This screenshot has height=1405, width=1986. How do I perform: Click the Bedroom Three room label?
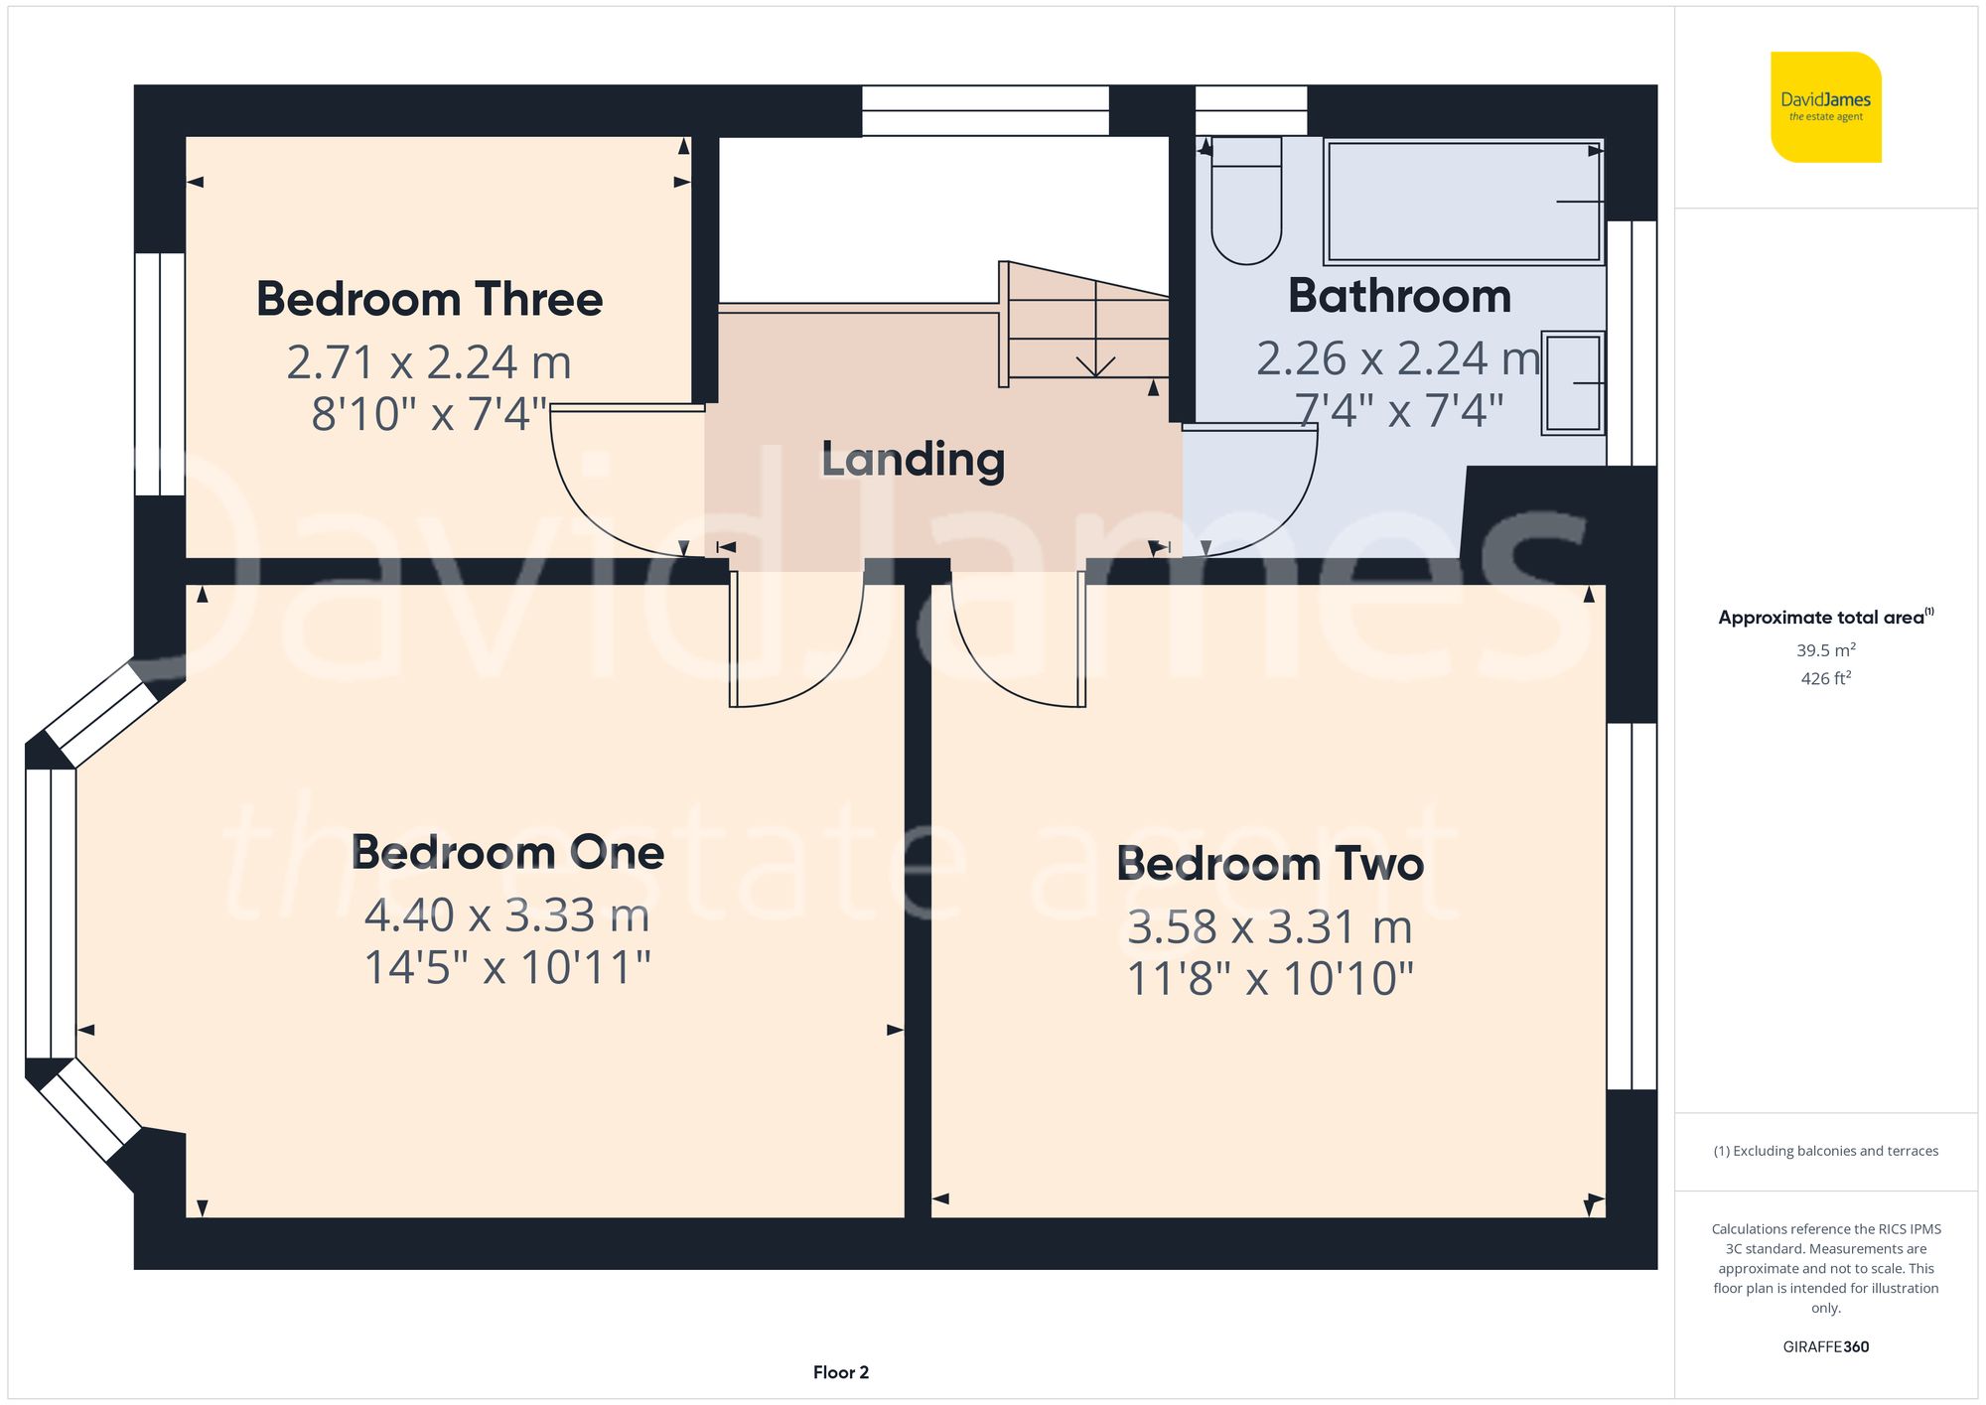point(429,299)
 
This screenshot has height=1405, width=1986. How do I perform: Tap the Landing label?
point(913,460)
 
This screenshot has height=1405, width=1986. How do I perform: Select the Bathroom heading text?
point(1399,296)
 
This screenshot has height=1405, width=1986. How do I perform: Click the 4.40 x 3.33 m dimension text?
point(506,915)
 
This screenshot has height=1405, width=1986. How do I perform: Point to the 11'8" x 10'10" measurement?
point(1269,979)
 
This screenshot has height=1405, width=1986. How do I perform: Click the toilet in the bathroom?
point(1246,204)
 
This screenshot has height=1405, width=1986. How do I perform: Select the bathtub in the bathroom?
point(1464,202)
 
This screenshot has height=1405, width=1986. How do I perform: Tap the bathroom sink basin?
point(1573,383)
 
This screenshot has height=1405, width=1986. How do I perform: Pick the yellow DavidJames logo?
point(1825,107)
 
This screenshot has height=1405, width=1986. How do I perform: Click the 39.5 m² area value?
point(1825,650)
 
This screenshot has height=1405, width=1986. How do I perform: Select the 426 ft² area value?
point(1825,678)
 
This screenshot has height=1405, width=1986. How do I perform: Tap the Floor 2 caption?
point(840,1372)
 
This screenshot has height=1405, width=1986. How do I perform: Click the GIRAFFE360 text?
point(1825,1347)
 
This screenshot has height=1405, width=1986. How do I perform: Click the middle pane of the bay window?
point(50,913)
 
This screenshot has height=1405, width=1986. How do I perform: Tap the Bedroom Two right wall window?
point(1631,906)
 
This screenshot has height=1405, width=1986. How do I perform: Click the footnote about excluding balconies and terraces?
point(1825,1151)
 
